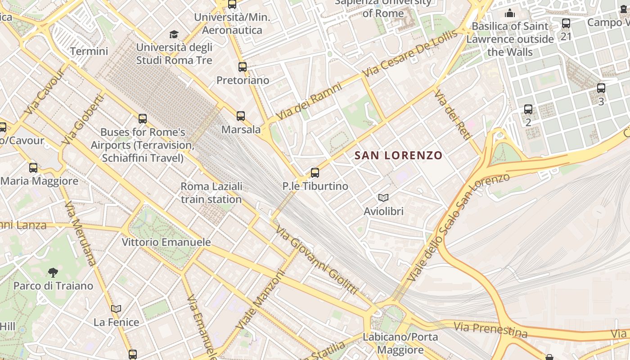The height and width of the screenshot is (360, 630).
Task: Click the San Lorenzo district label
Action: [398, 156]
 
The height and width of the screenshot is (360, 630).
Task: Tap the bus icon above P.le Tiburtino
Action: [315, 173]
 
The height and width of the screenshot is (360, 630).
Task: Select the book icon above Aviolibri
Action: [383, 198]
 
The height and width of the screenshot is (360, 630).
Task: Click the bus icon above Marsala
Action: [241, 116]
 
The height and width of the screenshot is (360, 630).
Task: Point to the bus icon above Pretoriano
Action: [243, 67]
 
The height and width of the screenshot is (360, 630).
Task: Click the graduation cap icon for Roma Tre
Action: [174, 34]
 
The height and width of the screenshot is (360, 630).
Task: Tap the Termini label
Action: [89, 51]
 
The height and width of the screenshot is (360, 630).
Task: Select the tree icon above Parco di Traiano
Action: [53, 272]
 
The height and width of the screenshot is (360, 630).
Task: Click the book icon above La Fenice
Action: [116, 309]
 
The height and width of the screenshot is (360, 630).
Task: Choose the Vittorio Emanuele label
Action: [166, 242]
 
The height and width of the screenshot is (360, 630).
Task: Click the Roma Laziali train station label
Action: [211, 193]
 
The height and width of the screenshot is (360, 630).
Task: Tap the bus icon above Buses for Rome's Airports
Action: [143, 119]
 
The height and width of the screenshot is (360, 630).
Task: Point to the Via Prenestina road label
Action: [490, 329]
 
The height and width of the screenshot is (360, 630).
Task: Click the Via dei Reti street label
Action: [453, 115]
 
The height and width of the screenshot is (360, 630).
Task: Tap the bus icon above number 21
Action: [566, 23]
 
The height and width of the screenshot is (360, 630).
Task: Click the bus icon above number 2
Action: [528, 109]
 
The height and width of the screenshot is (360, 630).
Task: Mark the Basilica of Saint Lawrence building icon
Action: [510, 13]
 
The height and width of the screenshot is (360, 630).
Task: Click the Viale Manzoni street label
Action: [261, 299]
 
